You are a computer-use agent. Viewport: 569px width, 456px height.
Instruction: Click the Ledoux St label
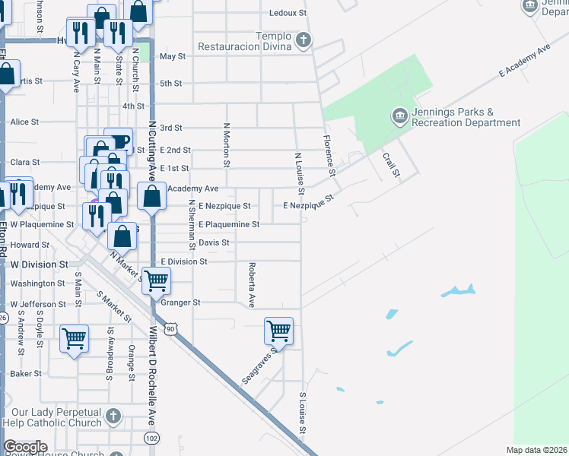pos(288,14)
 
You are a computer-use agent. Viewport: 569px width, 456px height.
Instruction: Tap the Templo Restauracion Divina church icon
pos(303,40)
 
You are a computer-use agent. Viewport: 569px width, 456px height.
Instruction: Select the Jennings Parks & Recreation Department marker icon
pos(399,116)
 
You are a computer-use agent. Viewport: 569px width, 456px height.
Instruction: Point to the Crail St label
pos(391,163)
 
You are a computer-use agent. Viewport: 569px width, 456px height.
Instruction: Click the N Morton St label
pos(226,146)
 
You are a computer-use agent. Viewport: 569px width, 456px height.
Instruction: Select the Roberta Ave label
pos(250,285)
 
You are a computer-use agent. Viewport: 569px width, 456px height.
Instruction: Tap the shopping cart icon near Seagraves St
pos(279,331)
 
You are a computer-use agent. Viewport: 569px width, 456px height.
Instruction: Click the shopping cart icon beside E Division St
pos(157,280)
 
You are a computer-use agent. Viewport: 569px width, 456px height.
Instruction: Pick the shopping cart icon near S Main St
pos(74,337)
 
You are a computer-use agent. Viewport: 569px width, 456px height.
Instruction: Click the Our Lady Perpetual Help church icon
pos(113,416)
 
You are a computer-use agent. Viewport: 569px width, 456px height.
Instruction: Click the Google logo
pos(25,447)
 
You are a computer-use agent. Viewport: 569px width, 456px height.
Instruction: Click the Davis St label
pos(214,243)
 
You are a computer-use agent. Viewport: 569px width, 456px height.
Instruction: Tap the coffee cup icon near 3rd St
pos(119,141)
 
